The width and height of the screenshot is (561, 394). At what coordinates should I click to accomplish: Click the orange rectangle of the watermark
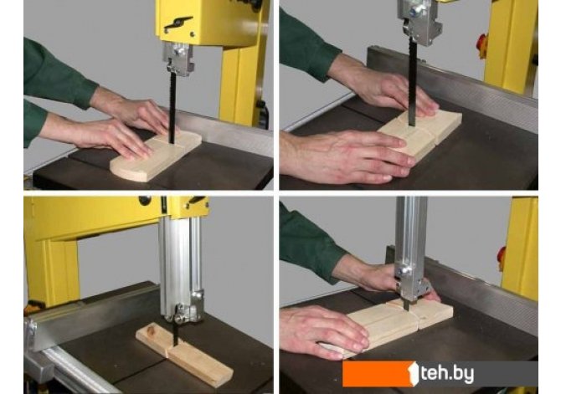coord(378,374)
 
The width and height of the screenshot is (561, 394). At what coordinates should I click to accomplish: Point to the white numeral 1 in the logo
coord(413,374)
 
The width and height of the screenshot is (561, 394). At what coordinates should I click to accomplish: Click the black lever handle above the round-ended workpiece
coord(178,23)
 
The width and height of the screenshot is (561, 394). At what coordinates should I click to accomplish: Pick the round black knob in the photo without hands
coord(145,200)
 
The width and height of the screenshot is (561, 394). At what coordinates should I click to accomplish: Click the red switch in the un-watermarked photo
coord(482,46)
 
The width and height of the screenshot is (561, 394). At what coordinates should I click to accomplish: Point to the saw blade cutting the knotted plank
coord(175,335)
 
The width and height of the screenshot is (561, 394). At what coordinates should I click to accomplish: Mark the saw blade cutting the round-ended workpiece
coord(172,107)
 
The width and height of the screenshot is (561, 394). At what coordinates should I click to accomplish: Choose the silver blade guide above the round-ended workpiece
coord(178,59)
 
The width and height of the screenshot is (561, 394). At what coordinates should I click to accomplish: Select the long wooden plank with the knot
coord(184,354)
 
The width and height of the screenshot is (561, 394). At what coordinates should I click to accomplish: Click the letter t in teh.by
coord(425,374)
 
